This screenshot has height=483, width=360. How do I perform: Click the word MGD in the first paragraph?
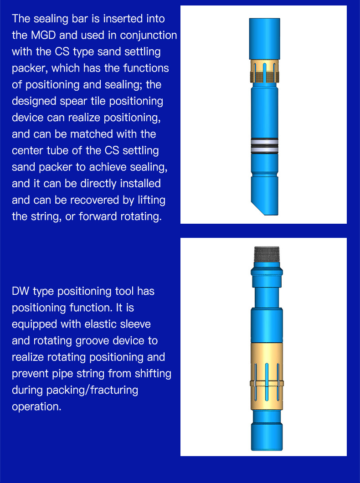(43, 35)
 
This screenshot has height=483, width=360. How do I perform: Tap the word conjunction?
(149, 36)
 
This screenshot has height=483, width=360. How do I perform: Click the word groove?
(93, 341)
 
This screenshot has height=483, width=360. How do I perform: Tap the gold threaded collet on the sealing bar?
(264, 72)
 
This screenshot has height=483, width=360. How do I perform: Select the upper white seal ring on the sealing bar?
(264, 142)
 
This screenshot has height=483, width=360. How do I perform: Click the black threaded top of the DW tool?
(267, 254)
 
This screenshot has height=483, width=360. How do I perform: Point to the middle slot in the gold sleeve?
(267, 382)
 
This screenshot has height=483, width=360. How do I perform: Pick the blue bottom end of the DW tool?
(267, 437)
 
